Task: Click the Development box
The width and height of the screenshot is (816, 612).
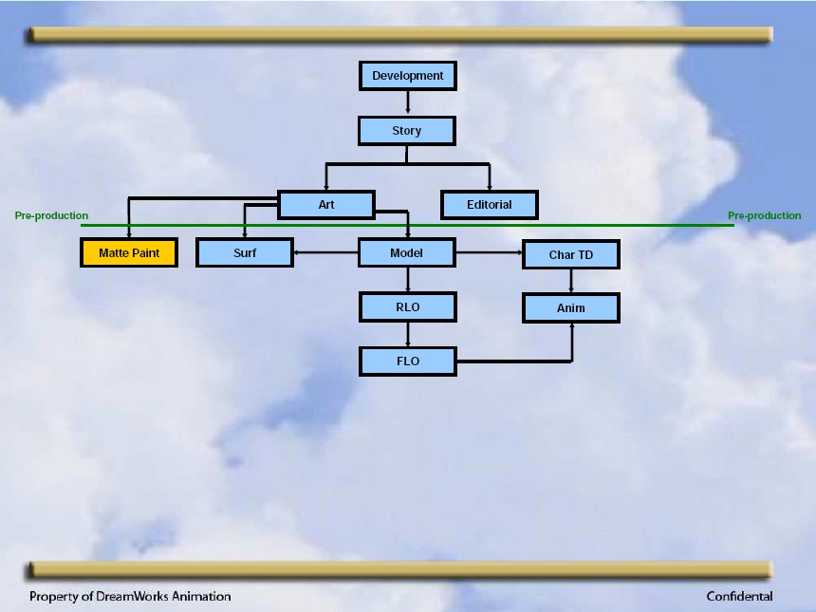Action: pos(407,76)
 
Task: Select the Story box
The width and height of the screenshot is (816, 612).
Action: pos(407,131)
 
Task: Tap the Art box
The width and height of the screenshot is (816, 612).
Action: pos(326,205)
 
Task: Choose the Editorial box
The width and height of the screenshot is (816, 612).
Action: pos(490,205)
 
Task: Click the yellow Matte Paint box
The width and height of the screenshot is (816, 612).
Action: pos(129,253)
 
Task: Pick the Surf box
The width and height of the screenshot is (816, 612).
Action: pos(245,253)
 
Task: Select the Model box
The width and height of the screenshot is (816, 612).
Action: pos(407,253)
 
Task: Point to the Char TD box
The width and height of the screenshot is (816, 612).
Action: pos(571,254)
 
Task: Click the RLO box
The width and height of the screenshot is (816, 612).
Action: pos(407,307)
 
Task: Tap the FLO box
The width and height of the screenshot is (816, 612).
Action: pos(407,362)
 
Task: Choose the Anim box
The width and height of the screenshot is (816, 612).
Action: pos(571,308)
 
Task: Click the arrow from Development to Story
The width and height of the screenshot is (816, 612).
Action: pos(407,103)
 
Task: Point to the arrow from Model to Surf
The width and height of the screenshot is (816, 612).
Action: pos(325,253)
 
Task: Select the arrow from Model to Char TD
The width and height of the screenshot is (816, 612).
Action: pos(490,253)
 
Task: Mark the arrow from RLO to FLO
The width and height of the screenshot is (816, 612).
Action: pos(407,334)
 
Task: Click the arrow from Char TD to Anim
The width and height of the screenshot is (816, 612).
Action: pos(571,281)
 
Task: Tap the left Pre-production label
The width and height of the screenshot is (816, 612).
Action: pos(51,215)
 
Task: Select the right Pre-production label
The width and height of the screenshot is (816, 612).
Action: pos(765,215)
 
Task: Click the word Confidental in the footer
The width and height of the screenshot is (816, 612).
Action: pos(739,596)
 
